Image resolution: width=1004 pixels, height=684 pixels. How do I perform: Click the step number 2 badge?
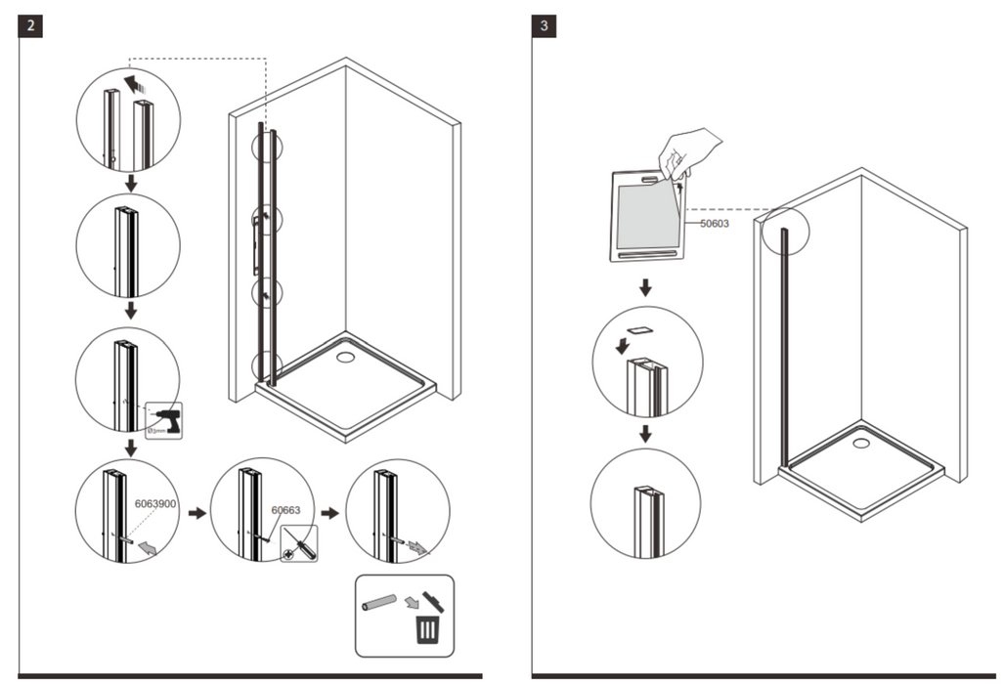[31, 26]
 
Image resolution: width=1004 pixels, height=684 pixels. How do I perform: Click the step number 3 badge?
[545, 26]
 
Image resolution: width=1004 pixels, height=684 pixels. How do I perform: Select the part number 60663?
[285, 509]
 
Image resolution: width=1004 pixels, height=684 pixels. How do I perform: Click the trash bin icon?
[427, 629]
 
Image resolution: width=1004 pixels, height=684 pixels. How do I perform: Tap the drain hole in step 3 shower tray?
[860, 443]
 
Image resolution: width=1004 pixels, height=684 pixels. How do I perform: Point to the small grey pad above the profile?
[640, 331]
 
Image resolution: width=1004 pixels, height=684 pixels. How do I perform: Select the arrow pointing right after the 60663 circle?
[332, 511]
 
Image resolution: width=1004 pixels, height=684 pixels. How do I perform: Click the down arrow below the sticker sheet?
[645, 288]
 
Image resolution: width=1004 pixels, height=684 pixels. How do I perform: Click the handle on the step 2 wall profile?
[256, 244]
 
